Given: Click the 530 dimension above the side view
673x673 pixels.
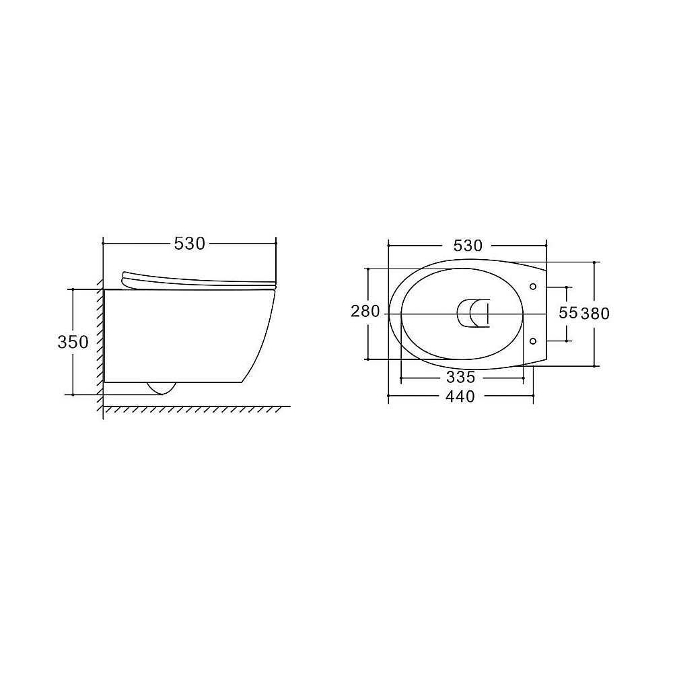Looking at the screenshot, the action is pos(189,244).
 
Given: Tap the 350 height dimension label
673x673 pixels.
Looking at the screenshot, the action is pos(73,342).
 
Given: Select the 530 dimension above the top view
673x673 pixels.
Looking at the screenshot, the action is pos(468,246).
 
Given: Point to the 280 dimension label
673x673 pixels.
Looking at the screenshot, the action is pos(365,311).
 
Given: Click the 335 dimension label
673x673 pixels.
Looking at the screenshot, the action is pos(461,378).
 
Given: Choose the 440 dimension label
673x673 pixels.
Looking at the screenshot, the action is pos(460,396).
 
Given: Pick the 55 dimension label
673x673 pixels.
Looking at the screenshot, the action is pos(568,313).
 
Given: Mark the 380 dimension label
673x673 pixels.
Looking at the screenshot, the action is pos(596,314).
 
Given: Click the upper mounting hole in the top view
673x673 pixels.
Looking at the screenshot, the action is pos(533,286).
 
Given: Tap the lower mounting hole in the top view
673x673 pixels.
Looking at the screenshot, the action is pos(533,341).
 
